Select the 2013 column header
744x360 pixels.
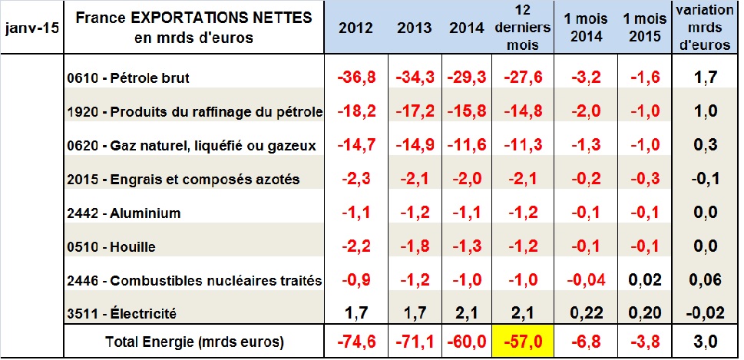[x=415, y=28]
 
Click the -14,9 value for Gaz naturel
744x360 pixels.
[x=415, y=146]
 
